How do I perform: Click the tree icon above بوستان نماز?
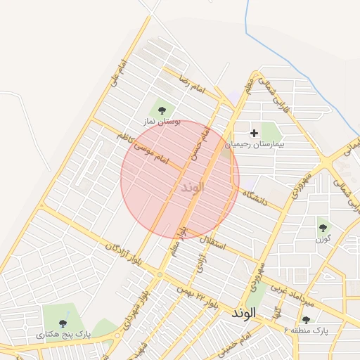pos(162,110)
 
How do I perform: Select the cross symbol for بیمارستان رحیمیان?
pos(255,131)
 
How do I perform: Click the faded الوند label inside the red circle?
pos(192,188)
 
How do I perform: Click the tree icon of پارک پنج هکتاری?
pos(63,323)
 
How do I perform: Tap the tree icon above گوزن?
pos(323,228)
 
